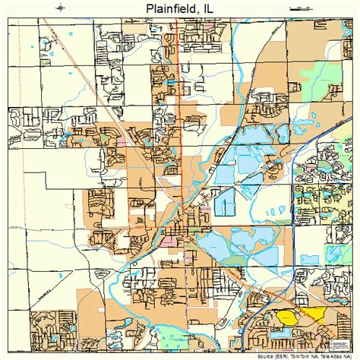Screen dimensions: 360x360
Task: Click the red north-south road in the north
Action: coord(180,76)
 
